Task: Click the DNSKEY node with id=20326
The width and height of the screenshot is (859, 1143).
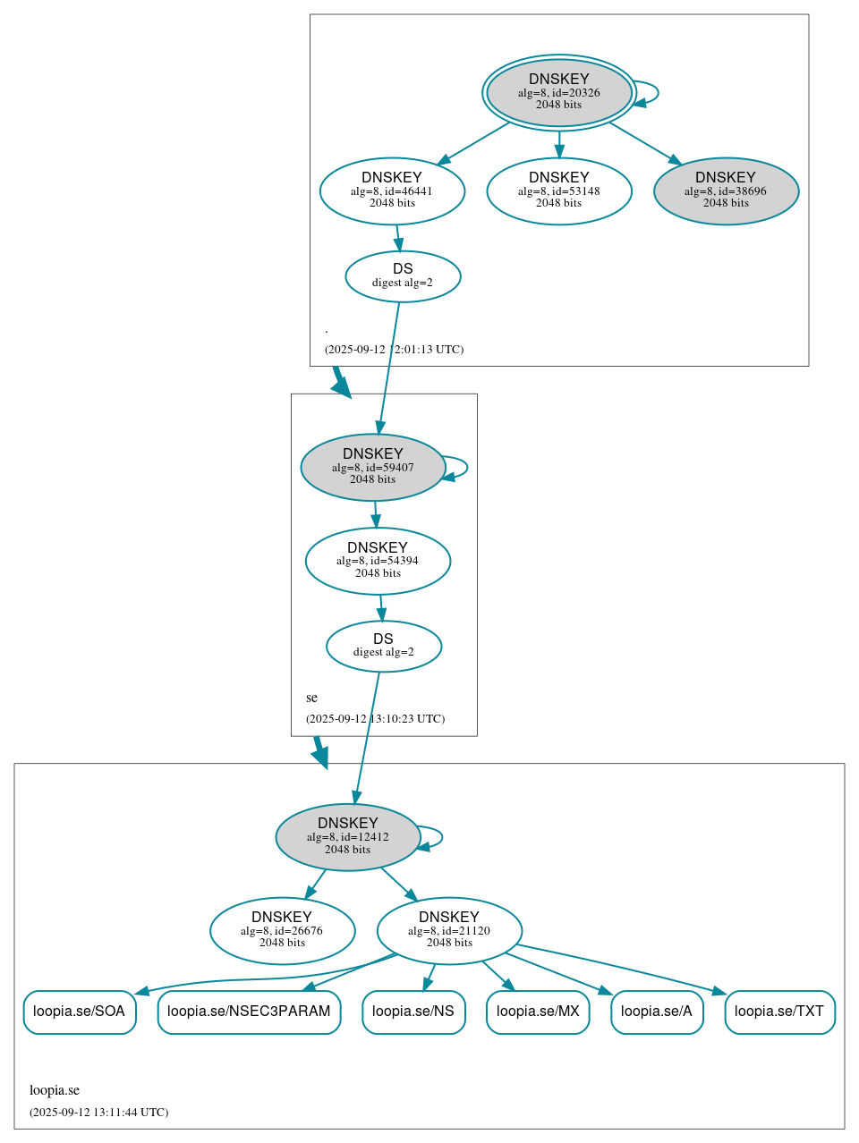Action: coord(558,92)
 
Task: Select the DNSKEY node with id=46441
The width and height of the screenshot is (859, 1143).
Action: coord(392,190)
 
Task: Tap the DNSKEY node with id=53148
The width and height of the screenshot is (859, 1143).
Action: coord(558,190)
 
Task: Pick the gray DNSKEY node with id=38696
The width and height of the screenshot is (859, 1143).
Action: coord(726,190)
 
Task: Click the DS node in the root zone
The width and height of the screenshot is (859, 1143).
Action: coord(403,276)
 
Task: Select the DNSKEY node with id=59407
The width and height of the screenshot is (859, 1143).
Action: coord(373,467)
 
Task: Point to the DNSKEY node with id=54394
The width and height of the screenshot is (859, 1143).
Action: coord(378,561)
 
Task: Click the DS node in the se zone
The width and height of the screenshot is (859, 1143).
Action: coord(384,646)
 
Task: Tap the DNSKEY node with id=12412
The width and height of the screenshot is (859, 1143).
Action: coord(348,837)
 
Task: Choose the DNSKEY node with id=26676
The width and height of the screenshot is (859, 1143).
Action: coord(282,930)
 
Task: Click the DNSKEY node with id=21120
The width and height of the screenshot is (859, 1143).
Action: coord(449,930)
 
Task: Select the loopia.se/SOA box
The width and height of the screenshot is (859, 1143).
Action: coord(80,1012)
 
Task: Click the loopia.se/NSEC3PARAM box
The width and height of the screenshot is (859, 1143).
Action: coord(249,1012)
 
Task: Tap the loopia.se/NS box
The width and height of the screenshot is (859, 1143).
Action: coord(413,1012)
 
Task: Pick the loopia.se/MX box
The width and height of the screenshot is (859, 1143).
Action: coord(538,1012)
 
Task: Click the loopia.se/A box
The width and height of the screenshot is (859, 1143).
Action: coord(657,1012)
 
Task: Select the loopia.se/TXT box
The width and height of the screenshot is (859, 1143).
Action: coord(779,1012)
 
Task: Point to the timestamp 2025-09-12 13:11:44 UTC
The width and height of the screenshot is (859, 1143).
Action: coord(98,1113)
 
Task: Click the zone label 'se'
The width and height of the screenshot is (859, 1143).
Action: coord(311,698)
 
